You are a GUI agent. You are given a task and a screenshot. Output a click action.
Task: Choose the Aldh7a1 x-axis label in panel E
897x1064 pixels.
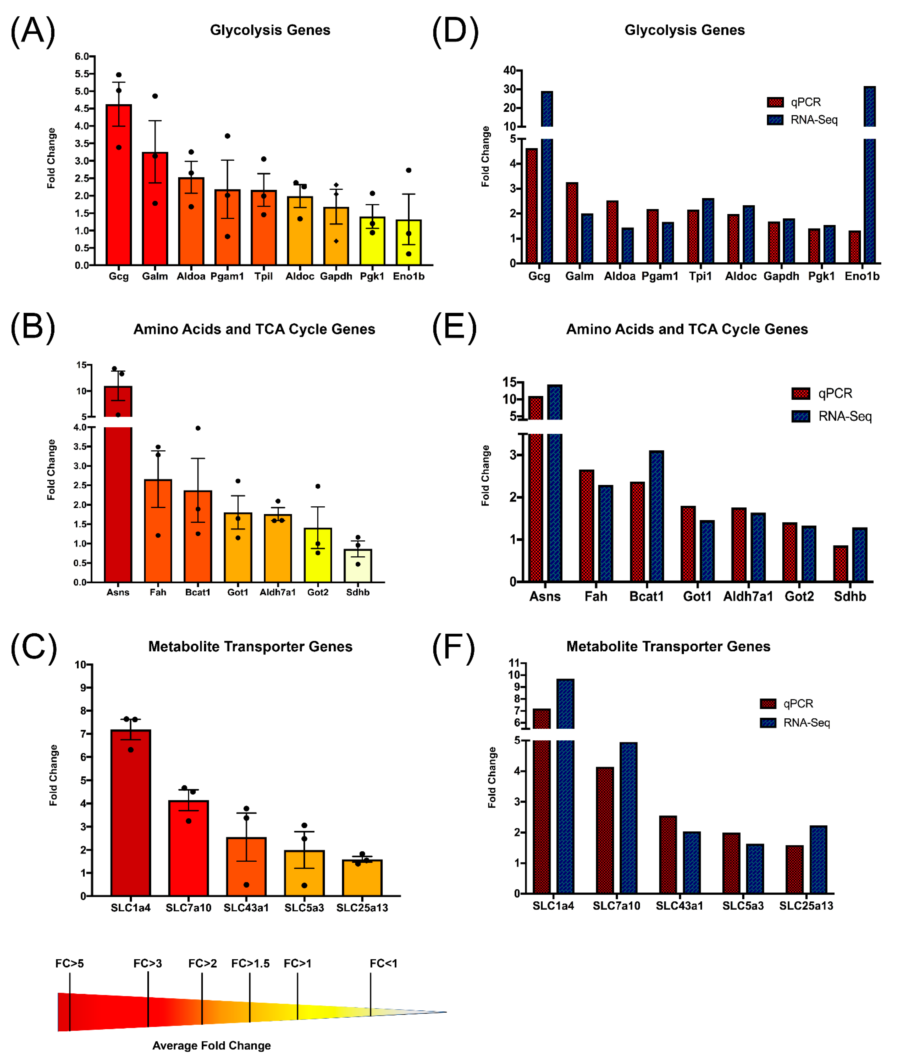[x=748, y=596]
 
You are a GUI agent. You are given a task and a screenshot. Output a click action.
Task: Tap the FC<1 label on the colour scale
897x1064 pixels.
[x=383, y=963]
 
